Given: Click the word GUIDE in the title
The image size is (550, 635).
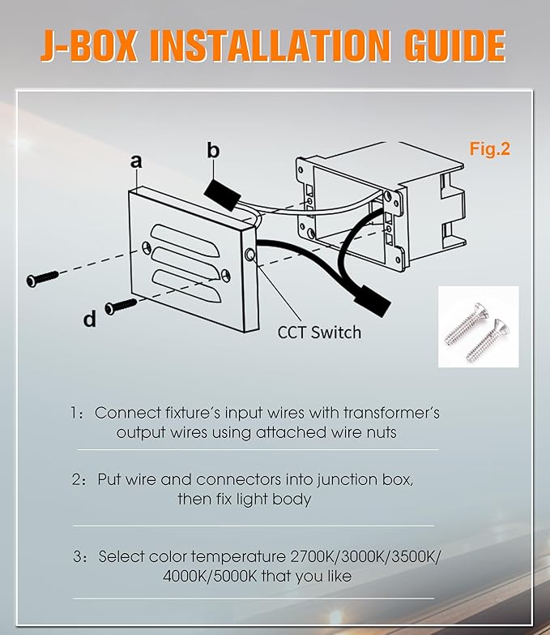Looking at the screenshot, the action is click(x=455, y=45).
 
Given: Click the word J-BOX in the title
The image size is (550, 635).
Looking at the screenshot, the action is click(x=89, y=45).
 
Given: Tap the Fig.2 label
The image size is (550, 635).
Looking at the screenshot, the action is click(x=490, y=149).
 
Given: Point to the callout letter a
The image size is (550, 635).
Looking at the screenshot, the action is click(x=136, y=161).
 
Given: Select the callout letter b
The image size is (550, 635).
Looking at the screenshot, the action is click(x=213, y=150).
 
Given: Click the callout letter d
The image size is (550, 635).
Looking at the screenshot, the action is click(x=90, y=319).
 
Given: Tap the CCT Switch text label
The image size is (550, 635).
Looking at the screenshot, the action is click(x=319, y=333).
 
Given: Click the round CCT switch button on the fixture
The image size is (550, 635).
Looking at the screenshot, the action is click(x=250, y=255).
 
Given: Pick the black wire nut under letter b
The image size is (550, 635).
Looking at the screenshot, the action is click(x=222, y=195).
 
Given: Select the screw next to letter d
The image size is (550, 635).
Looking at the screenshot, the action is click(x=121, y=306).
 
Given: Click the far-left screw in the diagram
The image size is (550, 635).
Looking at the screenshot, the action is click(x=42, y=279).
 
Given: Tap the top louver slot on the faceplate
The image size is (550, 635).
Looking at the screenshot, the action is click(x=185, y=240).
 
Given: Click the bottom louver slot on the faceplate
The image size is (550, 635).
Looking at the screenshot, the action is click(x=186, y=286).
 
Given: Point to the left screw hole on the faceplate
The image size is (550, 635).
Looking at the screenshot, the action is click(x=147, y=247).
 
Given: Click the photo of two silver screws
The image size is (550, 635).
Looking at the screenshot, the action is click(x=479, y=327).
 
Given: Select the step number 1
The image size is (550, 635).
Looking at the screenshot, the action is click(x=75, y=413).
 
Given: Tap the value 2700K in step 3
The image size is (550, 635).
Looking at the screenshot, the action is click(x=313, y=556).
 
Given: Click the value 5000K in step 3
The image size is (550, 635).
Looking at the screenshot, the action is click(x=236, y=576).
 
